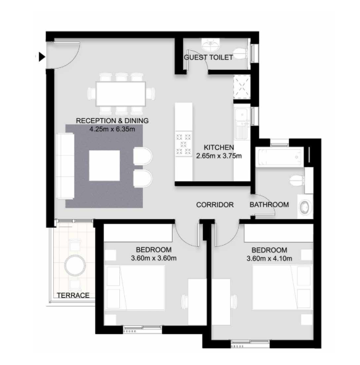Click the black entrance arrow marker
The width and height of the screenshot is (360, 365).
coord(41,57)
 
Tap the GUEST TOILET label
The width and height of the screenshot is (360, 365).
coord(208,58)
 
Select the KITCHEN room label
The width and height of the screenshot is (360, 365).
coord(219,147)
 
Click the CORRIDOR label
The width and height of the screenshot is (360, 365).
coord(214,205)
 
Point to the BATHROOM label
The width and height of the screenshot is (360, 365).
coord(269,205)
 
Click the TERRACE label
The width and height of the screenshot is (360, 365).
coord(73,296)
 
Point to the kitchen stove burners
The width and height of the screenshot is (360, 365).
coord(184,143)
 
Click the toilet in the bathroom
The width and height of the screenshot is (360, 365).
coord(297,181)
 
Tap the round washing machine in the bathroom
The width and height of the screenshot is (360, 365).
coord(304,207)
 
